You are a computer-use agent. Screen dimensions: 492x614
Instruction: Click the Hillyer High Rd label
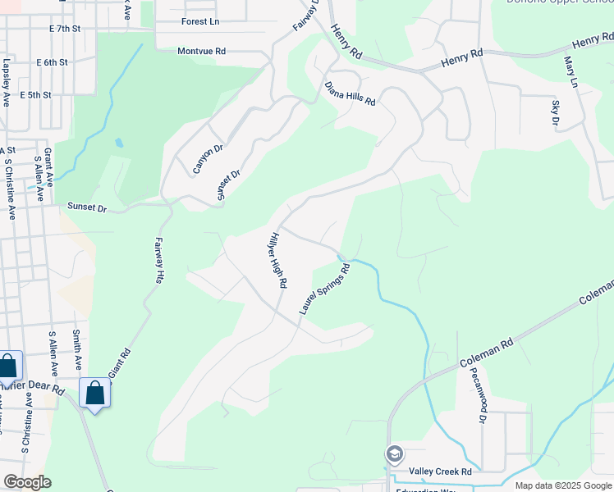277,260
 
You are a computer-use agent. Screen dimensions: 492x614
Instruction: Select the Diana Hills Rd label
350,93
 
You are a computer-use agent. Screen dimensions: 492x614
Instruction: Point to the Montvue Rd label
201,51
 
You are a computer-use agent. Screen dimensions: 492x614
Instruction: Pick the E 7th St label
65,28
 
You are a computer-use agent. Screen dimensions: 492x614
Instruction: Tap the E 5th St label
35,95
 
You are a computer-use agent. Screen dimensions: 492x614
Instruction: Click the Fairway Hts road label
158,261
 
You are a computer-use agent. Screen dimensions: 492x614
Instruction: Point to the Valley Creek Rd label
442,472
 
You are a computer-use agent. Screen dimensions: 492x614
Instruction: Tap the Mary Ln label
570,72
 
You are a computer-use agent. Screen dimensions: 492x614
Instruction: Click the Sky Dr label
555,113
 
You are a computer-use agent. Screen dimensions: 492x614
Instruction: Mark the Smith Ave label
76,348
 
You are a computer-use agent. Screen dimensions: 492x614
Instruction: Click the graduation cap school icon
395,454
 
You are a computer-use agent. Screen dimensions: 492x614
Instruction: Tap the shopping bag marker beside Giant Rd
95,393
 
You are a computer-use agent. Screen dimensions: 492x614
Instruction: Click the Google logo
27,482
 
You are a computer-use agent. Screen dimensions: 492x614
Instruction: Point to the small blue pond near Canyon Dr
120,143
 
